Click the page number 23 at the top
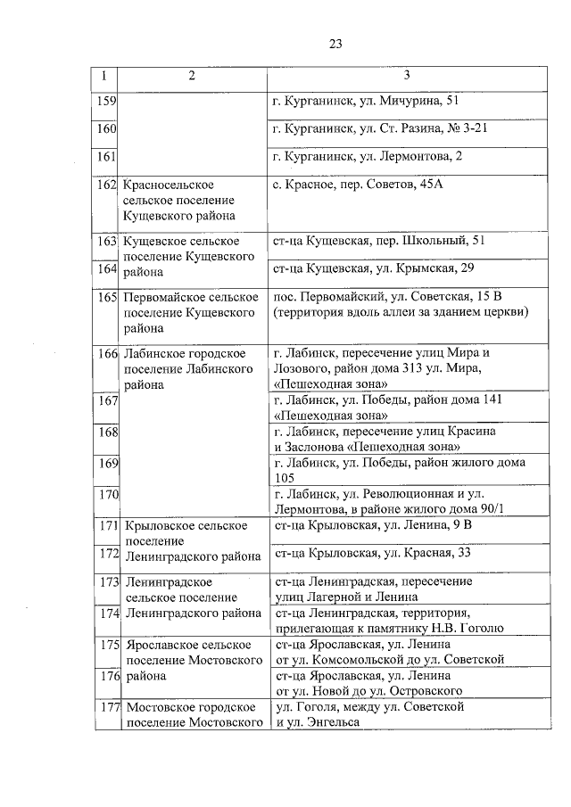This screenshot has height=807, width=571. coord(335,44)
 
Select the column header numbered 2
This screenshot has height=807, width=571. coord(191,76)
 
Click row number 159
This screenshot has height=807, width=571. coord(107,102)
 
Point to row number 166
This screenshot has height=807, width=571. coord(107,353)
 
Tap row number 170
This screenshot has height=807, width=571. coord(107,495)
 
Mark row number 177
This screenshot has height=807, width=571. coord(107,707)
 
